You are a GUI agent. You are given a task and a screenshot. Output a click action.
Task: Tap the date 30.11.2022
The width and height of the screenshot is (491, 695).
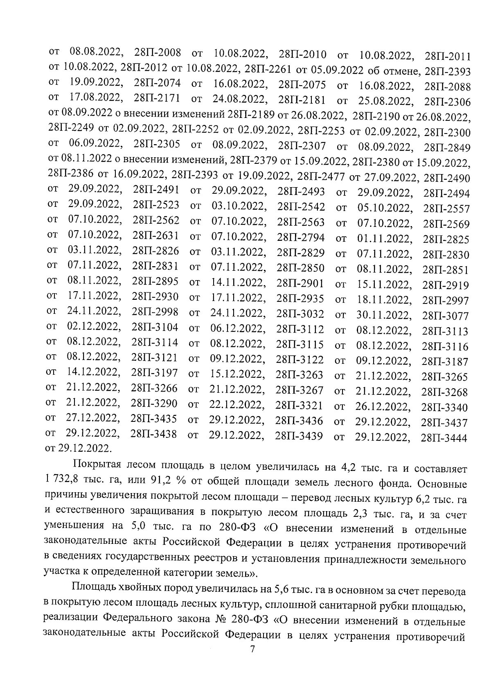click(x=383, y=315)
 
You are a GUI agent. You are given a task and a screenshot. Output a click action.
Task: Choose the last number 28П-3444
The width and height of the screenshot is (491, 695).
click(x=444, y=438)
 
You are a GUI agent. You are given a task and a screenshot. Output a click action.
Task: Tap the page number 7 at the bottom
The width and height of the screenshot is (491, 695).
click(x=252, y=650)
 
